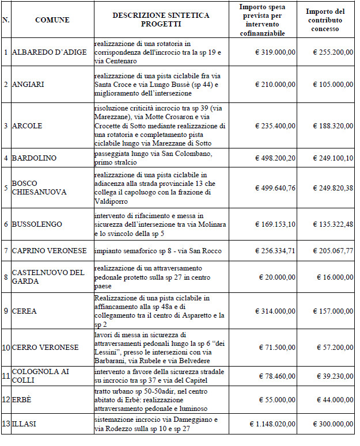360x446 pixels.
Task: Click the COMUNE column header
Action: coord(52,20)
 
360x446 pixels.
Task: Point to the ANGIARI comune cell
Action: coord(28,85)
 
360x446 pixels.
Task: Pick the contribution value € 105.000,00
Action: coord(332,85)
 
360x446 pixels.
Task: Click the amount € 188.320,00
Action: coord(332,125)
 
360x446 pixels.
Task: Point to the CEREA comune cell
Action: coord(24,311)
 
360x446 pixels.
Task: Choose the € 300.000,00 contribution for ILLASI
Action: coord(332,424)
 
